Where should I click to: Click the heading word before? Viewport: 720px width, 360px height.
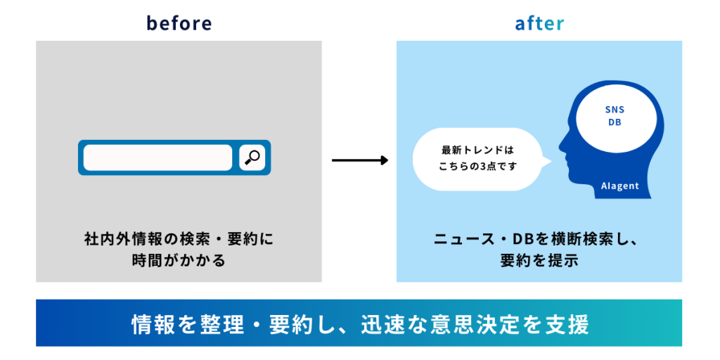click(x=179, y=23)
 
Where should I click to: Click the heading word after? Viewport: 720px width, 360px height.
click(x=539, y=23)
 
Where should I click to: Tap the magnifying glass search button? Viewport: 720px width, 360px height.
click(x=251, y=157)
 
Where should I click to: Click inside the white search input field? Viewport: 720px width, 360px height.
click(x=157, y=157)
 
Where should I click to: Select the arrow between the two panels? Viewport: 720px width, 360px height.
click(x=359, y=160)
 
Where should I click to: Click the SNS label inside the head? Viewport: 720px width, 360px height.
click(x=615, y=110)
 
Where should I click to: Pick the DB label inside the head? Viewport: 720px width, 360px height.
click(x=615, y=122)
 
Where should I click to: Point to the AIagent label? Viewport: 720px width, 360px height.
click(x=619, y=186)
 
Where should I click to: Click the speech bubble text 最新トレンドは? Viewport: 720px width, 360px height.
click(x=477, y=150)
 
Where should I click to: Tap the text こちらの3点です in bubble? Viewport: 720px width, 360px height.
click(x=477, y=167)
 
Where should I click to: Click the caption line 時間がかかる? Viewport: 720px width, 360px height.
click(x=179, y=260)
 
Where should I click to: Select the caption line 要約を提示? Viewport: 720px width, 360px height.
click(x=539, y=260)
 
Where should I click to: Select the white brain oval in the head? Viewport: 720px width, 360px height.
click(x=615, y=116)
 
